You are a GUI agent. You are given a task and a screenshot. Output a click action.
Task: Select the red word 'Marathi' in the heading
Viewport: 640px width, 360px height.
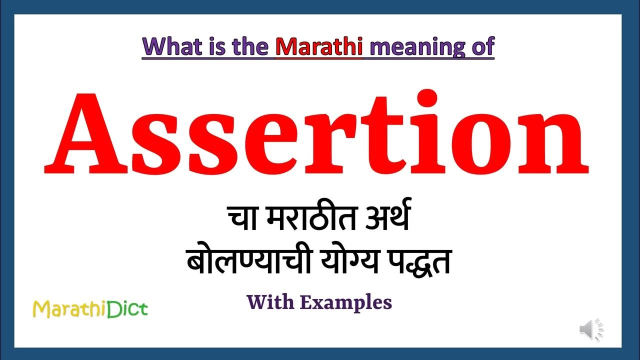318,47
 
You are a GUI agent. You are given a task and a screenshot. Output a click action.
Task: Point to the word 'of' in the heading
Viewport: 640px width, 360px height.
480,47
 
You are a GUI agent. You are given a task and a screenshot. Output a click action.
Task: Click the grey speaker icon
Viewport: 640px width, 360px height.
590,330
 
